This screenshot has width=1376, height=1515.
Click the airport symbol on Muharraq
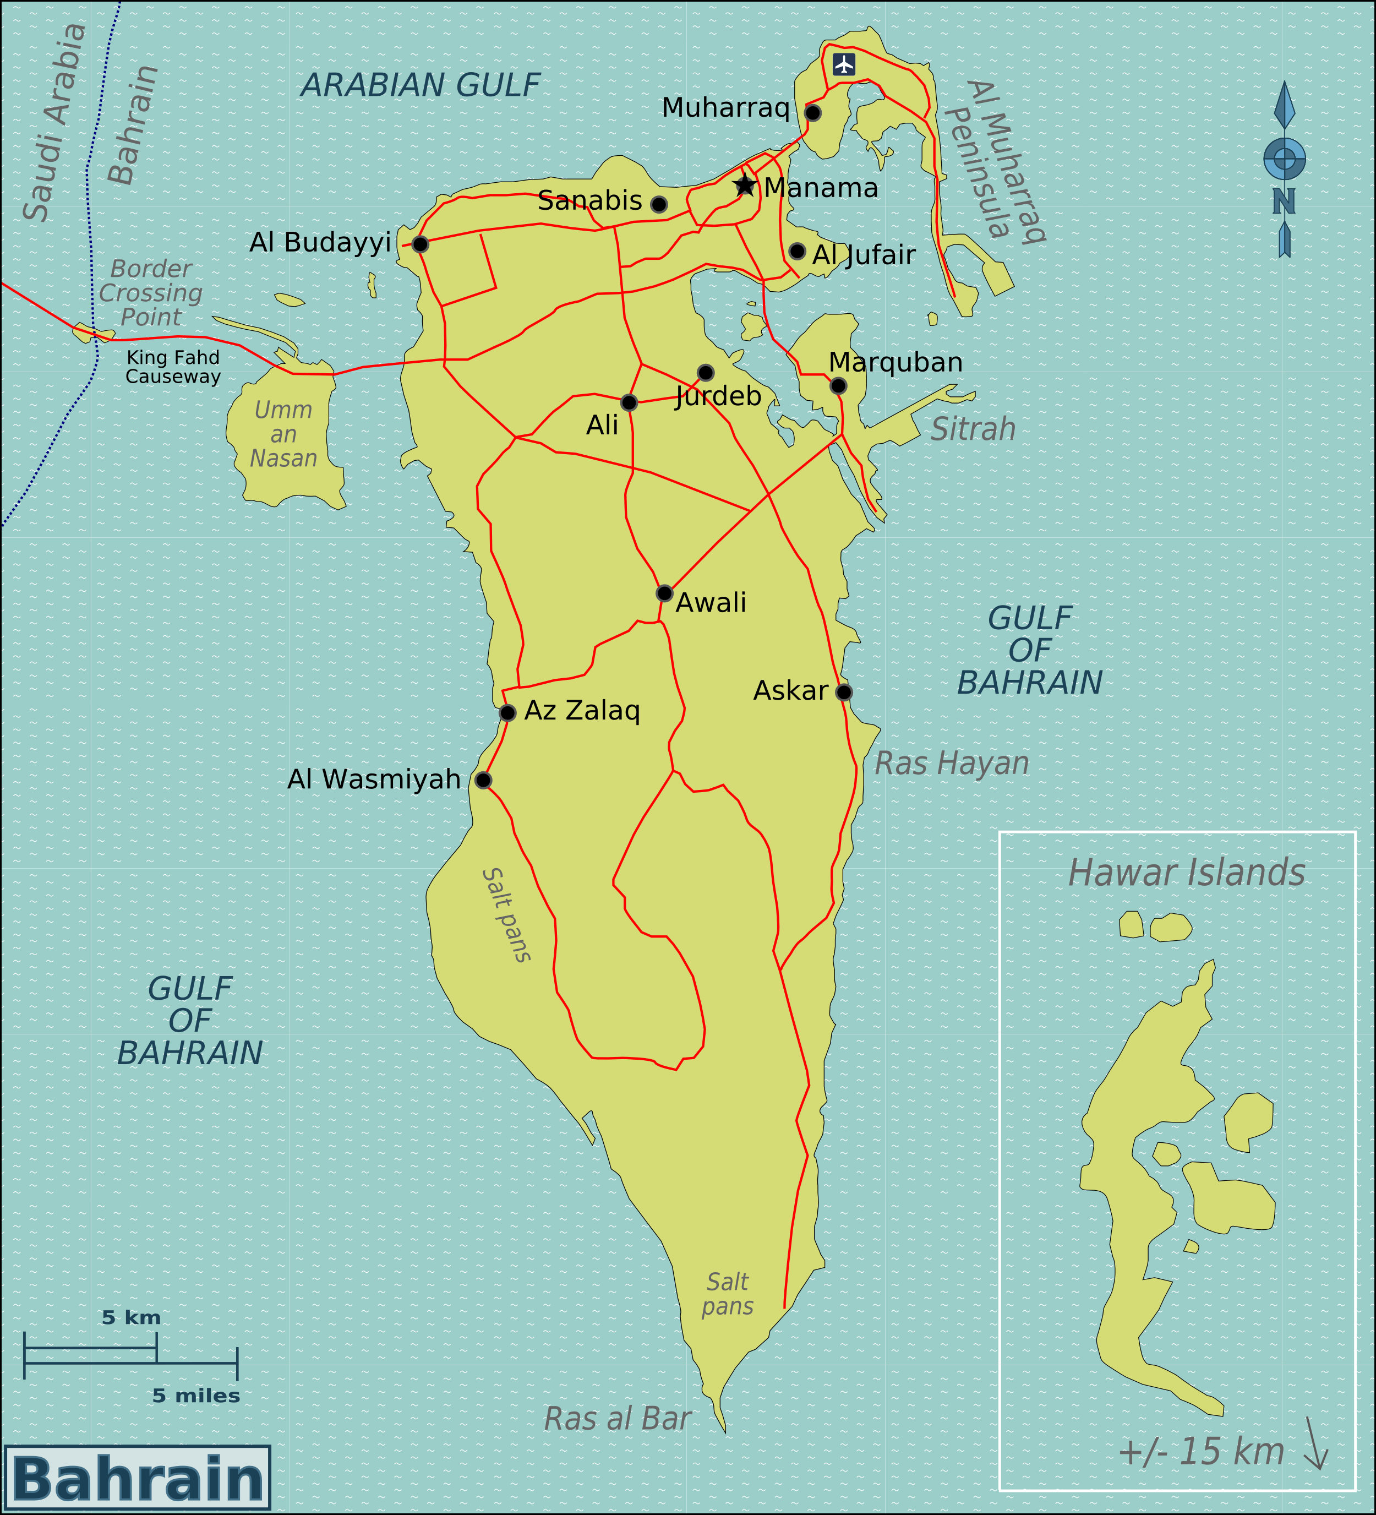click(x=844, y=64)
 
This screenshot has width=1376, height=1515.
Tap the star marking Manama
click(x=744, y=185)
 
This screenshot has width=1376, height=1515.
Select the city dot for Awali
click(x=664, y=593)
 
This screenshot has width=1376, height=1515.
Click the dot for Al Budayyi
click(x=420, y=243)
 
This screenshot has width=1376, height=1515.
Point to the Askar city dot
click(x=844, y=692)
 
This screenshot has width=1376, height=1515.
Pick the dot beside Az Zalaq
click(x=507, y=712)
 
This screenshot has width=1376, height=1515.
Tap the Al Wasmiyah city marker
click(x=483, y=780)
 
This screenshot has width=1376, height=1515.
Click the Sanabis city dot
click(x=658, y=204)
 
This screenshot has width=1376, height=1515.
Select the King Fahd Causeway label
click(x=173, y=367)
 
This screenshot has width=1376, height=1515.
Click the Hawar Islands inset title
click(x=1187, y=873)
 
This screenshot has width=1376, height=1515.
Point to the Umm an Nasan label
click(x=283, y=434)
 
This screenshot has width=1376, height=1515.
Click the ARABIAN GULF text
click(x=420, y=85)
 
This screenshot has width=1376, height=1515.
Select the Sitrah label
click(x=973, y=429)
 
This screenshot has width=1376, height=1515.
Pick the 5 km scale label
click(x=132, y=1317)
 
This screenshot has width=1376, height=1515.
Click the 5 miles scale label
click(x=195, y=1396)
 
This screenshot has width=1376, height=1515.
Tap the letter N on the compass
click(x=1284, y=201)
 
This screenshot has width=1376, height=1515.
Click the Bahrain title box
click(x=138, y=1478)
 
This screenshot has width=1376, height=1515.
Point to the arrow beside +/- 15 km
click(x=1317, y=1443)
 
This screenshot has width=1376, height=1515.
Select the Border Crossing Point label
click(x=151, y=292)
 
